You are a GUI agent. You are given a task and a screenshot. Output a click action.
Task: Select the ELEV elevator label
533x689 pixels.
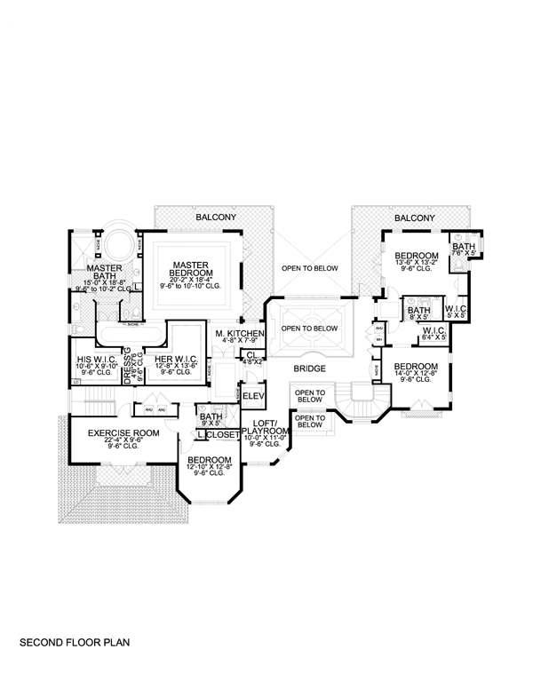(x=254, y=395)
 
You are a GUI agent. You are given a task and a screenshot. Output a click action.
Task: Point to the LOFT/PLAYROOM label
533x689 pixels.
(x=266, y=424)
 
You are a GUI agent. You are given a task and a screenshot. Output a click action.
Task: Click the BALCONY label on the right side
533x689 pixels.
(x=414, y=217)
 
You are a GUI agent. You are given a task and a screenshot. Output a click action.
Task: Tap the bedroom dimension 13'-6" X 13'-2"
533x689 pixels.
(x=416, y=263)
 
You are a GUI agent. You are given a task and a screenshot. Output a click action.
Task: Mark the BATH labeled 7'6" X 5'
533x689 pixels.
(x=463, y=253)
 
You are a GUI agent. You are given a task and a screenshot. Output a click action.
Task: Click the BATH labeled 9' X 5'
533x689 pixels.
(x=211, y=423)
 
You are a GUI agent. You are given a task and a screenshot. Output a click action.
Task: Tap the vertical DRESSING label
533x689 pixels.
(x=129, y=362)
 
